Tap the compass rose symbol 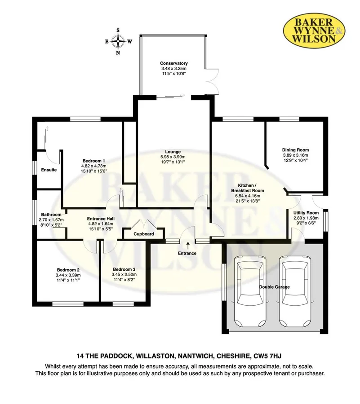118,41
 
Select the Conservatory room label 173,63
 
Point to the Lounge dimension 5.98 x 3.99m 173,157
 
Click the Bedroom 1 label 93,161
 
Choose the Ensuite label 49,170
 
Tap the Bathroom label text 51,215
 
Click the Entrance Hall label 101,219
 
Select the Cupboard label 144,234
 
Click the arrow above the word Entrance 187,245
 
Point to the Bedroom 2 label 68,270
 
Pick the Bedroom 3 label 124,269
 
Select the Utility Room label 306,213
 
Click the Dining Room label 295,150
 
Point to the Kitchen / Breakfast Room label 248,188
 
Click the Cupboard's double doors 144,224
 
